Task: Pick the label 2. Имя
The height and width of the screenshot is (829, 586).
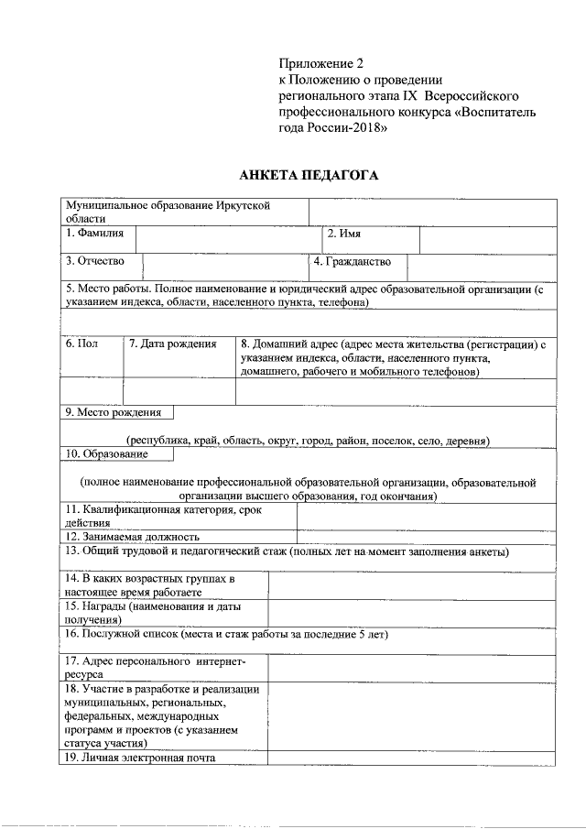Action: tap(344, 235)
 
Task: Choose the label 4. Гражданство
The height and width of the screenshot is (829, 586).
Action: tap(352, 261)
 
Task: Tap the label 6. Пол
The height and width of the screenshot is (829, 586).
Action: tap(81, 344)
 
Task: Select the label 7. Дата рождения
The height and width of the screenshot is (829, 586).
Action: tap(172, 344)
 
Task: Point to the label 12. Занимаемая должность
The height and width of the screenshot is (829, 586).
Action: tap(132, 537)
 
